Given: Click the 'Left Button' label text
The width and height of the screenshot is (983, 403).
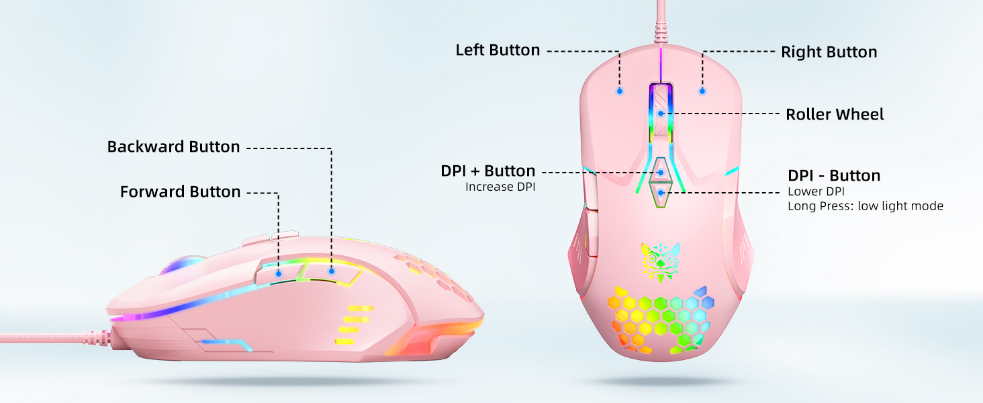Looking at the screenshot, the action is (498, 50).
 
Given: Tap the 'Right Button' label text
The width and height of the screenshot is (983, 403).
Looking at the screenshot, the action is (829, 52).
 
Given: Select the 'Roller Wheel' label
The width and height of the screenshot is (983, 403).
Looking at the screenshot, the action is (835, 114).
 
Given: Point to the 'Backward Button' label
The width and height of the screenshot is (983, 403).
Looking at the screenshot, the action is (173, 146).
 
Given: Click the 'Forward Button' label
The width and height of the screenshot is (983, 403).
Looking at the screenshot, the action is (180, 191).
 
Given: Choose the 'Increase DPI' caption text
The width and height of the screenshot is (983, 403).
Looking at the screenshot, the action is (500, 187).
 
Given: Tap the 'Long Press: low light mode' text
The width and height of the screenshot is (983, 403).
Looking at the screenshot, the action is (865, 206).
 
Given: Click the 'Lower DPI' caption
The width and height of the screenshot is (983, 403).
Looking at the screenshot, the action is (816, 191).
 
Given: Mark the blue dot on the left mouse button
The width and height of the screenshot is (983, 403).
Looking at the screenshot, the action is (620, 91).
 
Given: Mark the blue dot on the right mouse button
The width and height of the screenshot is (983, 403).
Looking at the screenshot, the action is (702, 91).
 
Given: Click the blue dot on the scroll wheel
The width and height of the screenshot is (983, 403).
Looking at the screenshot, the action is (661, 114).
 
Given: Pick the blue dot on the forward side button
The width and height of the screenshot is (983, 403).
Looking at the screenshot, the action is (278, 274).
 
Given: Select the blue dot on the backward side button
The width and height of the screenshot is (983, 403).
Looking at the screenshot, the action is (331, 271).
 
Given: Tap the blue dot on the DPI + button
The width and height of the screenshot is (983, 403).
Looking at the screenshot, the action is (661, 173).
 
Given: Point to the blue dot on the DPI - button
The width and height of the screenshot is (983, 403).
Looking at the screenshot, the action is (661, 193).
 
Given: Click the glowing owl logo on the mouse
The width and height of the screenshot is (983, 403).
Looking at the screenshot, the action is (661, 263).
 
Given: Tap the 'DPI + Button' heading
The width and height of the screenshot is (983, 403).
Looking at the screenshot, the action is (488, 171).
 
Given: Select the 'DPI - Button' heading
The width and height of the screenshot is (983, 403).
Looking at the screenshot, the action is (834, 175).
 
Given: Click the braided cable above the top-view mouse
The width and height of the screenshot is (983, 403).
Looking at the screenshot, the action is (661, 22).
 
